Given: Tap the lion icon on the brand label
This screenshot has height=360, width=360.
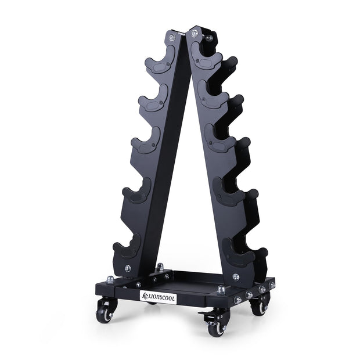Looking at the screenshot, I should tap(145, 296).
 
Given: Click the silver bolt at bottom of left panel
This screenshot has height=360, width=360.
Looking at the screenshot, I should tap(127, 268).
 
